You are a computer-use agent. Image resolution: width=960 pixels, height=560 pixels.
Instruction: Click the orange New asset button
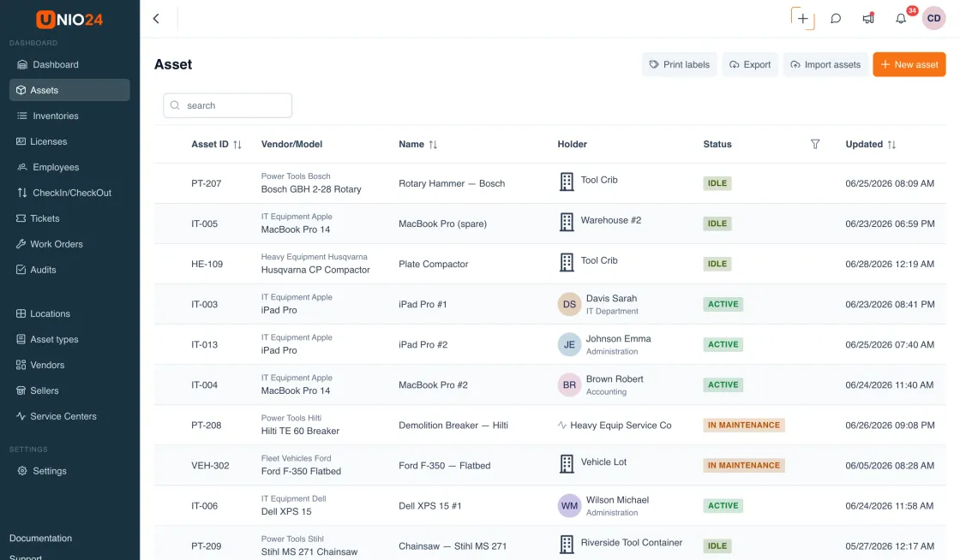(909, 64)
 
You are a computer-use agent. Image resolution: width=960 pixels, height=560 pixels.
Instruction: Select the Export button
(750, 64)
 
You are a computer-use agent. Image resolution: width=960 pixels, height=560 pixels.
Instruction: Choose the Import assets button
(825, 64)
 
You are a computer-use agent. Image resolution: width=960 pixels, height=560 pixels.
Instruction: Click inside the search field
(228, 105)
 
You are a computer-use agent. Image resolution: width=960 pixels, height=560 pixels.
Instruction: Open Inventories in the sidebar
(56, 116)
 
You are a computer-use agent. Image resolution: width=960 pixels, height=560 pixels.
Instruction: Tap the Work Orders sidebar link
(57, 244)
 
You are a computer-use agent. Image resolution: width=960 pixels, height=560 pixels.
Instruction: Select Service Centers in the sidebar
(63, 416)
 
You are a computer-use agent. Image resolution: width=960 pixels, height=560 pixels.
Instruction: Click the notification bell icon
(901, 18)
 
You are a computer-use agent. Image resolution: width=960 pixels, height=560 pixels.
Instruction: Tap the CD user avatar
(933, 18)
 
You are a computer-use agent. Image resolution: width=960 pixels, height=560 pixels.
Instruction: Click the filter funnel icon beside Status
(815, 144)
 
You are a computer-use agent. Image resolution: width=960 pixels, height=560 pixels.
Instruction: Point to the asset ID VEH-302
(210, 465)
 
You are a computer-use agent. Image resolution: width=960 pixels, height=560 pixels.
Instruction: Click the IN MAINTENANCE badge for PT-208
(744, 425)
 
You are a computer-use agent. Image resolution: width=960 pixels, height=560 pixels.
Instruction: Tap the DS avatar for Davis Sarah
(569, 305)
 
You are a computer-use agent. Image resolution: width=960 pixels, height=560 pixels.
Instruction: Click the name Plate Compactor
(434, 264)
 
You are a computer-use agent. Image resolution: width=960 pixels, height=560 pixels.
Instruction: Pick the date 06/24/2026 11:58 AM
(890, 505)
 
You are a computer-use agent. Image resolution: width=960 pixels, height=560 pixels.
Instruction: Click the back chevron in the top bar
(156, 18)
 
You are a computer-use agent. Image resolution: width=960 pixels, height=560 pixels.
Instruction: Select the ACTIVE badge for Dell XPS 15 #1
(723, 505)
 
